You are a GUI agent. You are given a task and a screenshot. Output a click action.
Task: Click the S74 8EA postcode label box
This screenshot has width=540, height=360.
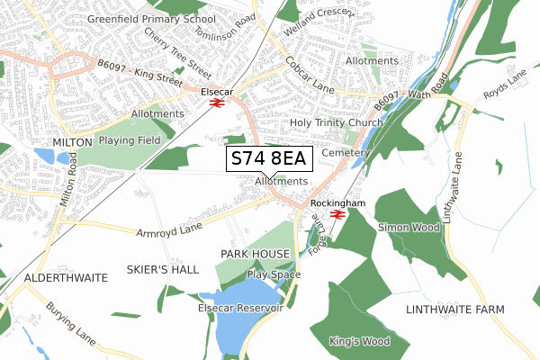(x=268, y=159)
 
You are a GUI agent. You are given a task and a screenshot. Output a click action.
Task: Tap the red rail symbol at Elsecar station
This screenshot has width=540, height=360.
(x=216, y=103)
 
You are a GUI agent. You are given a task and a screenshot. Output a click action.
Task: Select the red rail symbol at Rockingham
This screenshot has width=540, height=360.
(x=337, y=215)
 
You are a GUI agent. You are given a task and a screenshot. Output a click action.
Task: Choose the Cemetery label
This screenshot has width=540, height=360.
(x=346, y=153)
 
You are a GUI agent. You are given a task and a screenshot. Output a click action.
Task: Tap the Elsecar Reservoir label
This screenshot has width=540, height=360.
(x=240, y=308)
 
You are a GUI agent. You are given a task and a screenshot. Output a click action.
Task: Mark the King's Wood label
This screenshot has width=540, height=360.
(x=359, y=341)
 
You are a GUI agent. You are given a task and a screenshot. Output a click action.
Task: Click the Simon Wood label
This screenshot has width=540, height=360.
(x=407, y=228)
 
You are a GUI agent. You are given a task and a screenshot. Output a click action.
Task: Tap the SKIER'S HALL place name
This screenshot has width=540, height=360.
(x=162, y=270)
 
